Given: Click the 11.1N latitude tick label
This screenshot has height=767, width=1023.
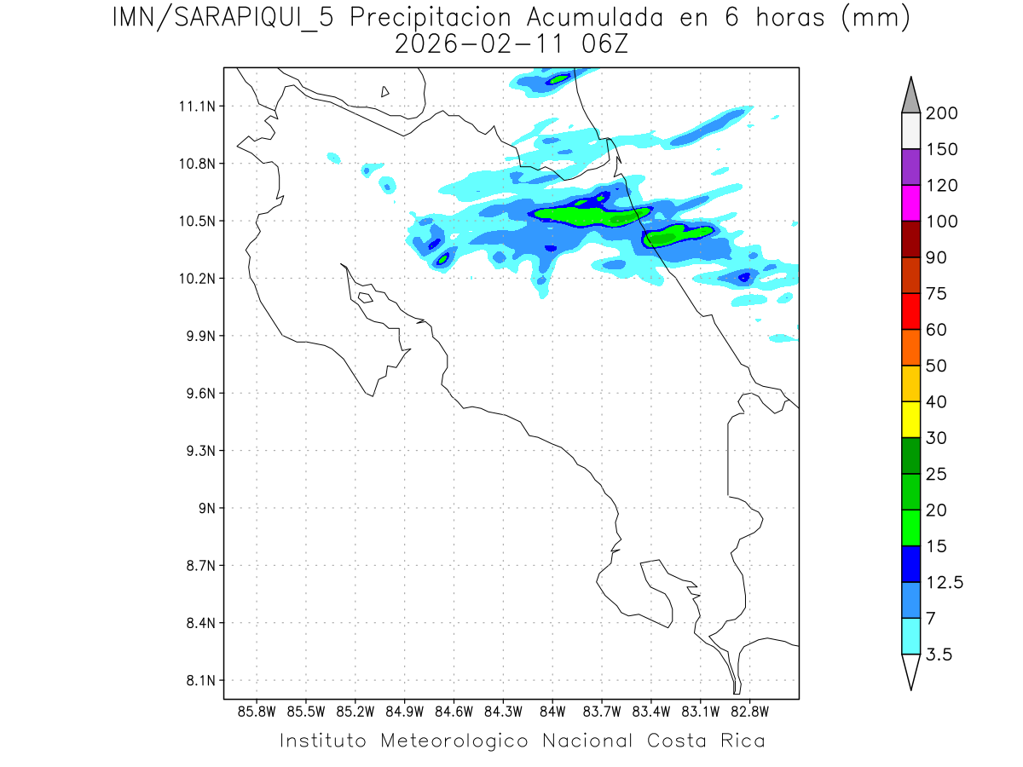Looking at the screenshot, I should coord(195,107).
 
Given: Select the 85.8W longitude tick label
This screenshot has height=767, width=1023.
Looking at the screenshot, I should coord(257,711).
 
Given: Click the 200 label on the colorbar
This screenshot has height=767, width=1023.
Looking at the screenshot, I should coord(941,113).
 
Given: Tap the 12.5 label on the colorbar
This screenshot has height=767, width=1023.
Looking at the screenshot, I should coord(945,582).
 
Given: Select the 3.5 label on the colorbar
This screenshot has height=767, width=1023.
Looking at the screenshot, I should coord(939,655).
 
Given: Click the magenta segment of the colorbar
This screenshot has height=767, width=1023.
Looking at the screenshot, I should coord(910,203).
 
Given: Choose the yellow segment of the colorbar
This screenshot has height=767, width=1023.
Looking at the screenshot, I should coord(910,419).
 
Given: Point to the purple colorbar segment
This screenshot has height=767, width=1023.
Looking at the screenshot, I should coord(910,167).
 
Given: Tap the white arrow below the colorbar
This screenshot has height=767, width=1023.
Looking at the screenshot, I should coord(910,671).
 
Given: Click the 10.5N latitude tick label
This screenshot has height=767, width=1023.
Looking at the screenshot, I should coord(195,222).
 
